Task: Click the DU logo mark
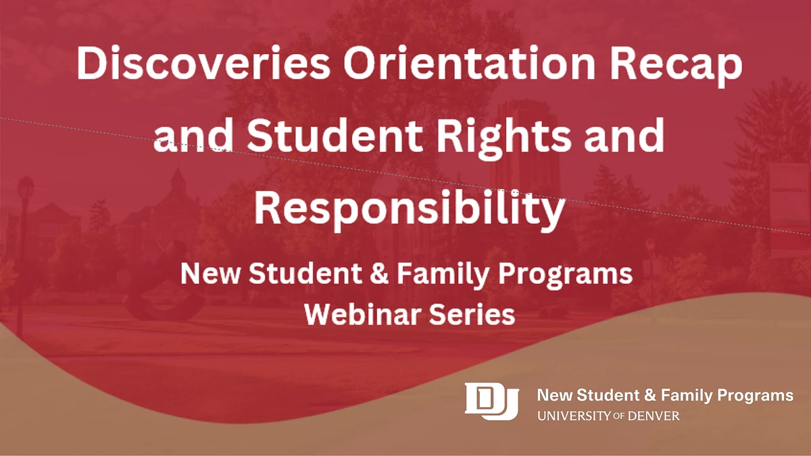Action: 491,400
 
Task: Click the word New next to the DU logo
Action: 552,395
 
